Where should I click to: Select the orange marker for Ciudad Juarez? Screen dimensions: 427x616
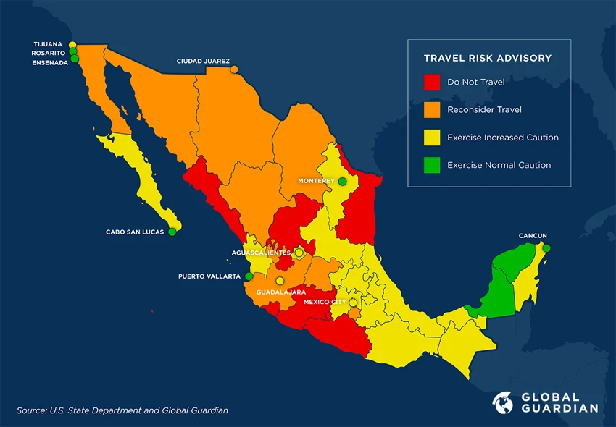[234, 69]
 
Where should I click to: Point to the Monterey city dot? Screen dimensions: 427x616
[342, 181]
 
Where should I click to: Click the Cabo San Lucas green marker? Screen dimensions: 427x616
[172, 232]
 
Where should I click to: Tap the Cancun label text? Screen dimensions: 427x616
[533, 236]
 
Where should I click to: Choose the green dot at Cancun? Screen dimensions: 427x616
[546, 248]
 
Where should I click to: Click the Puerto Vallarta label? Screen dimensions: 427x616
[209, 276]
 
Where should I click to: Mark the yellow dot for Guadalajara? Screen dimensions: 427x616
[280, 281]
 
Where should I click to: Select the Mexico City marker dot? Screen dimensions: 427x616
[353, 302]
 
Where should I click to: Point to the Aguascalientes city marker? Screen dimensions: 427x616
[298, 253]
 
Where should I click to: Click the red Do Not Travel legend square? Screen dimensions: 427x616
[432, 82]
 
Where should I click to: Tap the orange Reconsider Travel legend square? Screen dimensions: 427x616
[432, 109]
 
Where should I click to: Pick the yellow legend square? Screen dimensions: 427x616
[432, 138]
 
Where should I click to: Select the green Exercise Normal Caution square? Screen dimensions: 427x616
[432, 165]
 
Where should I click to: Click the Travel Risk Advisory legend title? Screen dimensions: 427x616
[488, 58]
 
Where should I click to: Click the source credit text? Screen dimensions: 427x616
[122, 410]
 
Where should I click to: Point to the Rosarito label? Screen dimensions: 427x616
[48, 54]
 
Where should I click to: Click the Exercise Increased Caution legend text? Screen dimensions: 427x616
[502, 138]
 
